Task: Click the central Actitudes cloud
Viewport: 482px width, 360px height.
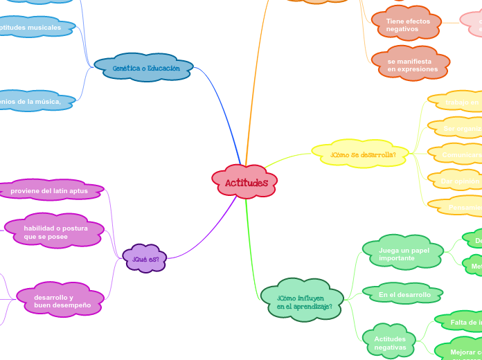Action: pos(245,182)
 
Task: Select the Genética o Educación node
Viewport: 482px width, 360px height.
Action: pos(144,68)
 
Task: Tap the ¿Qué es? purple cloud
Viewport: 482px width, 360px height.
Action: pos(145,259)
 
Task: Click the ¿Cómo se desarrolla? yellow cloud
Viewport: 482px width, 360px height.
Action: pos(362,154)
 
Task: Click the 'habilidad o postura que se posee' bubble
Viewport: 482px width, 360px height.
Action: pos(55,231)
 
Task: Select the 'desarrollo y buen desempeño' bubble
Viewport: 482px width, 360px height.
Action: pos(61,300)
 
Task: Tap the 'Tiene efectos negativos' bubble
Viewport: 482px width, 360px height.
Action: pos(407,25)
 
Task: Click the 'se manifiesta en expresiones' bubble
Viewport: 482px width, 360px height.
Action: pos(411,65)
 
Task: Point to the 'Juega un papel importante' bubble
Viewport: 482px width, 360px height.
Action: pos(403,253)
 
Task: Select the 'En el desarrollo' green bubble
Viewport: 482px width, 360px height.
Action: pos(404,294)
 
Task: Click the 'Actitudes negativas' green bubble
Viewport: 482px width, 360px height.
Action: pos(389,342)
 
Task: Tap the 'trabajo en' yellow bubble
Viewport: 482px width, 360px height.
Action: pos(460,102)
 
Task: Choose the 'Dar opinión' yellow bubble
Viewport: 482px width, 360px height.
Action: pos(458,181)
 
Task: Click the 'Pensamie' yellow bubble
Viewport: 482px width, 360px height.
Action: pos(463,206)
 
